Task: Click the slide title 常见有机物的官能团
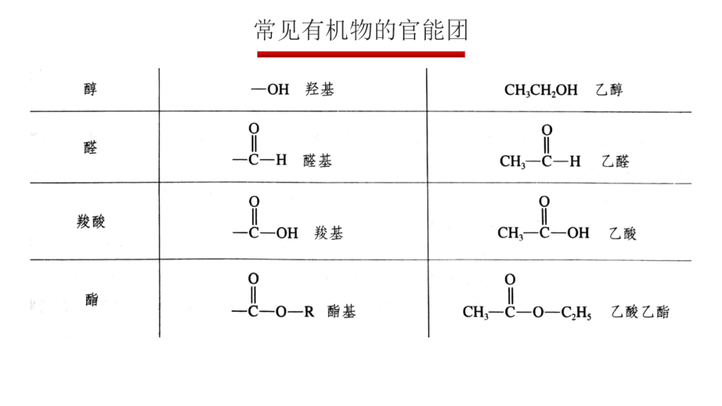[361, 30]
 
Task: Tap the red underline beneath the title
[361, 54]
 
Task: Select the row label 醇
[91, 89]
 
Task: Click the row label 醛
[91, 147]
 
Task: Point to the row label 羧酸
[91, 221]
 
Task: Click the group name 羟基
[320, 89]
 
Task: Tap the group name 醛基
[318, 161]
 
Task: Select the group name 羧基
[329, 233]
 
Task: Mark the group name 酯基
[342, 311]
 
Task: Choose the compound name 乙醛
[615, 161]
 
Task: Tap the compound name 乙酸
[622, 233]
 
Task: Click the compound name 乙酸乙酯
[640, 312]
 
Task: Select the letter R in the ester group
[310, 312]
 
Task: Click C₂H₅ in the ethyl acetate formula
[576, 313]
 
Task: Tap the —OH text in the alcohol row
[270, 89]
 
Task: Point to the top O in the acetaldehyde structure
[547, 130]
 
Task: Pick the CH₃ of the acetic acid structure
[510, 233]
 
